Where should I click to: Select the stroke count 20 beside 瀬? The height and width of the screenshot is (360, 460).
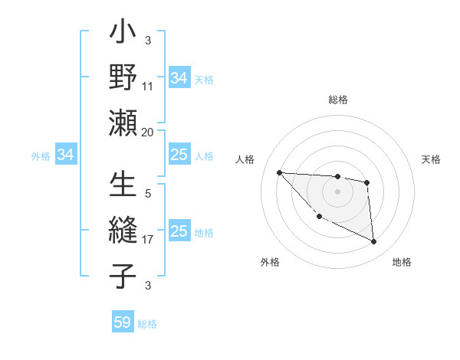pyautogui.click(x=148, y=132)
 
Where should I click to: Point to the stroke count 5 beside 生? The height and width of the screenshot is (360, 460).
pyautogui.click(x=148, y=195)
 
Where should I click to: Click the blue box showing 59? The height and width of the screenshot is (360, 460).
pyautogui.click(x=123, y=322)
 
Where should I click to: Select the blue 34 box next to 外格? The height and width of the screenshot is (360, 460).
pyautogui.click(x=66, y=155)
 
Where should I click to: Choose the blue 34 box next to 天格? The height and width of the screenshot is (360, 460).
pyautogui.click(x=179, y=78)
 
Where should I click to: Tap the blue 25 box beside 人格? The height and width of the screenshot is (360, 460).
pyautogui.click(x=179, y=155)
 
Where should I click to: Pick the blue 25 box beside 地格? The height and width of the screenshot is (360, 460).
pyautogui.click(x=179, y=231)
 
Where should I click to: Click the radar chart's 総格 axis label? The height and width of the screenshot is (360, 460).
pyautogui.click(x=338, y=100)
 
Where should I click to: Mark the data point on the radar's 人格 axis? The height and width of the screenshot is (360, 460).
pyautogui.click(x=279, y=172)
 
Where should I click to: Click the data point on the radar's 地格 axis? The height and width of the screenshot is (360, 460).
pyautogui.click(x=374, y=242)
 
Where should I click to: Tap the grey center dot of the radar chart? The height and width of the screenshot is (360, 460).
pyautogui.click(x=338, y=191)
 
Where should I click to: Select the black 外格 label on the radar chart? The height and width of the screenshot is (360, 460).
pyautogui.click(x=270, y=262)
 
